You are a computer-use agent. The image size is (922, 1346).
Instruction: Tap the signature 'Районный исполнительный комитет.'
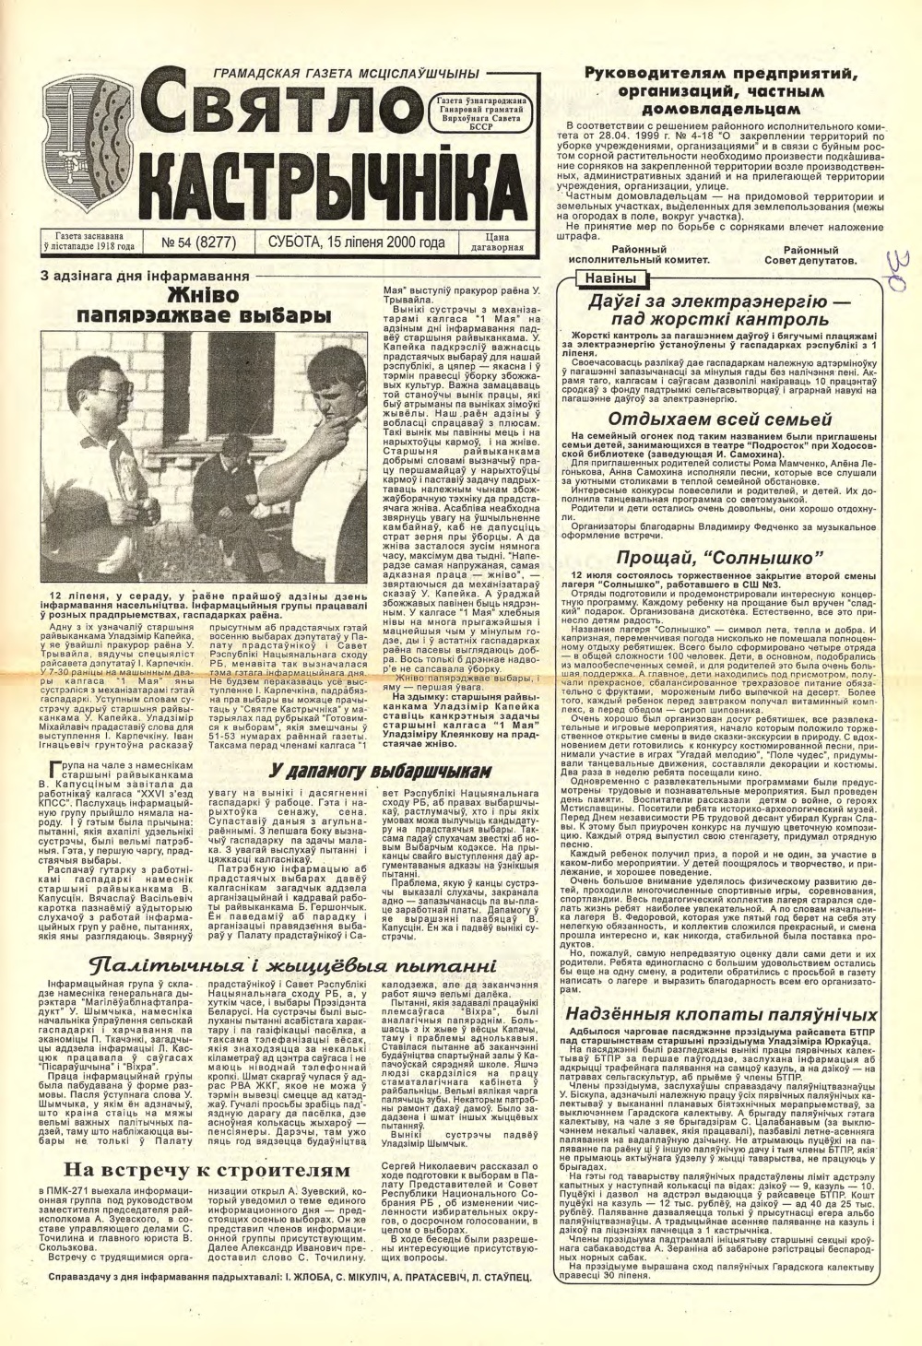click(x=625, y=254)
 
